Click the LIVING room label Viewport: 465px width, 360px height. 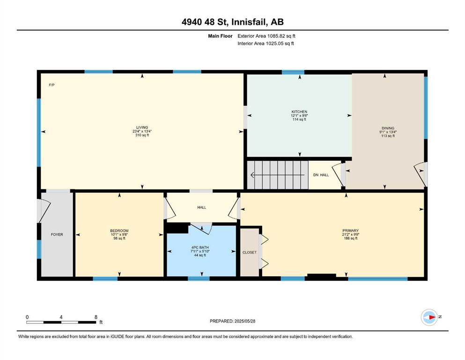[142, 127]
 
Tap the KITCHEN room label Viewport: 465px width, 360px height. [299, 112]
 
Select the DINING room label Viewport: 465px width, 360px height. [388, 128]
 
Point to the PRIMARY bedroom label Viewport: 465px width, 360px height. [351, 231]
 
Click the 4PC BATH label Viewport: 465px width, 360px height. [200, 247]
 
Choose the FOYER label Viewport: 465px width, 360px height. [57, 234]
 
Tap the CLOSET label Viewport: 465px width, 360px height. [250, 252]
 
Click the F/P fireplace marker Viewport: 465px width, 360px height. [52, 85]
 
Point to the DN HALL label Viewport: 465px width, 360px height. [321, 175]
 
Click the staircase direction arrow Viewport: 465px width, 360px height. [278, 175]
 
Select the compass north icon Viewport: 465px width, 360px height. [429, 317]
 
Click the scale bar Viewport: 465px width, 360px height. [61, 322]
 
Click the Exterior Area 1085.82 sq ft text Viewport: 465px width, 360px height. [266, 36]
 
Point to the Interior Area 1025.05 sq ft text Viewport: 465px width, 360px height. [266, 43]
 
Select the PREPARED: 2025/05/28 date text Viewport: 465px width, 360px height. [232, 321]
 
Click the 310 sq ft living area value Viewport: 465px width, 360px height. [142, 135]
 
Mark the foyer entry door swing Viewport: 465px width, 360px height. [44, 211]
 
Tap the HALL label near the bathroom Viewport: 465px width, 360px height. [202, 208]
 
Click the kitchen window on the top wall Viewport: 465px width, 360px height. [293, 72]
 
